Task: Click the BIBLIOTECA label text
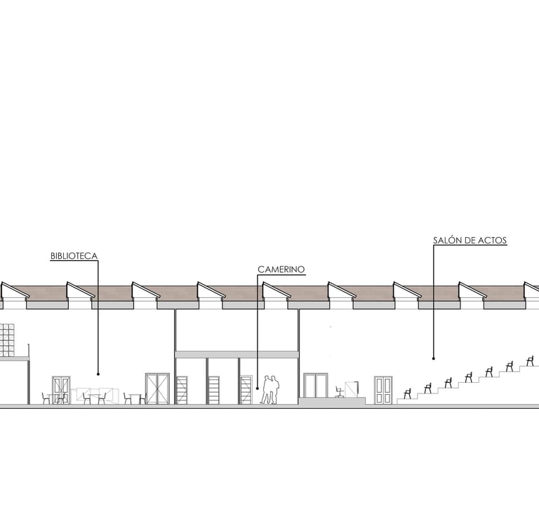(x=74, y=256)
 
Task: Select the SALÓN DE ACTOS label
(x=470, y=241)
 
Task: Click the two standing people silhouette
(x=270, y=390)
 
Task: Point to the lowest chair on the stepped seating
(x=407, y=393)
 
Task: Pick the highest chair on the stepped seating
(x=530, y=360)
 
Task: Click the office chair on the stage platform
(x=340, y=391)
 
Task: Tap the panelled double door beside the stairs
(x=383, y=390)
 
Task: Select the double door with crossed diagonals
(x=157, y=389)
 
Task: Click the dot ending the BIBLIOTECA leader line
(x=98, y=374)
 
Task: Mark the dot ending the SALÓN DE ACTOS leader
(x=433, y=359)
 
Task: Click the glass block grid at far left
(x=7, y=340)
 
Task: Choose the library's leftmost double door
(x=61, y=390)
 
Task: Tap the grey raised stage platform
(x=332, y=401)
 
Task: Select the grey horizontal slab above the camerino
(x=237, y=355)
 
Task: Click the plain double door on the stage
(x=315, y=386)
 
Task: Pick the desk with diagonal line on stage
(x=352, y=389)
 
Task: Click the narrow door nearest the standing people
(x=246, y=390)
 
